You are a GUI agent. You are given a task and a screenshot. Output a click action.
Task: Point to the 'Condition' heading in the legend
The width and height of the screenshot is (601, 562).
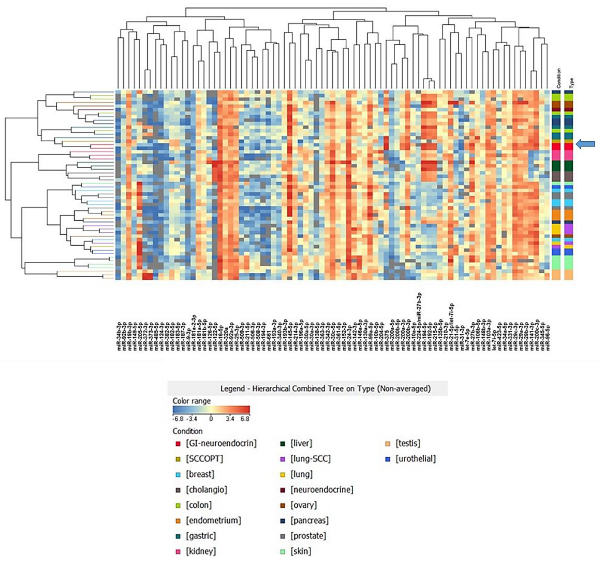[x=188, y=431]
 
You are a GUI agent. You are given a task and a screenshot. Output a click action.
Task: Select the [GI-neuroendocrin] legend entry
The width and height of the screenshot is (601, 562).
[x=221, y=443]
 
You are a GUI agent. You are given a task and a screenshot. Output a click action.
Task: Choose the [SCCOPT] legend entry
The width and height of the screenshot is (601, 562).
[x=204, y=459]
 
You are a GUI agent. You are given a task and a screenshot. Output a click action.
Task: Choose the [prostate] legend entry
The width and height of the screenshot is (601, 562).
[x=308, y=536]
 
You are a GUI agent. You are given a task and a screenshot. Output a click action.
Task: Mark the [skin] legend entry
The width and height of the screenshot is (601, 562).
[x=300, y=551]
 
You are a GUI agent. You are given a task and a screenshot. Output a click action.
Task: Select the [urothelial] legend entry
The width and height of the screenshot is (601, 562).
[x=415, y=459]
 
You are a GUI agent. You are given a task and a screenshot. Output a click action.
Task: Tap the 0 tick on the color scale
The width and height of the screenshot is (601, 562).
[x=211, y=419]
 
